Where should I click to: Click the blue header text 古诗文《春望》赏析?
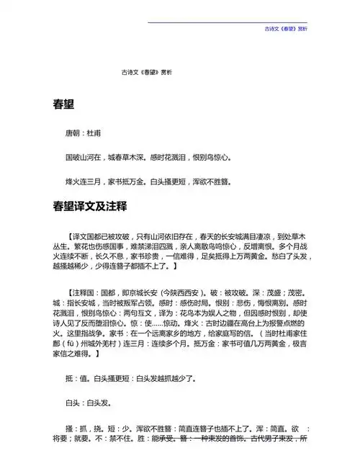coord(286,30)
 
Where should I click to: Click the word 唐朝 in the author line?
coord(73,134)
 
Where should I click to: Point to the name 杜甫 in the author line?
coord(94,134)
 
